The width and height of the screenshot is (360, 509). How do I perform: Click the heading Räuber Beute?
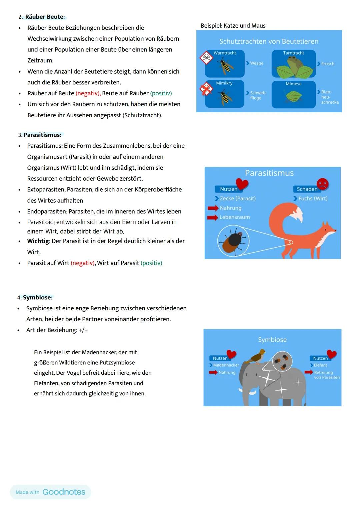[44, 17]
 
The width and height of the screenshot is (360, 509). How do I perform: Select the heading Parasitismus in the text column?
[42, 135]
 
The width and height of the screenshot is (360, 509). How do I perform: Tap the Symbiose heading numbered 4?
[37, 297]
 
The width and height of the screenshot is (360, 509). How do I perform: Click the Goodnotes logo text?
[64, 492]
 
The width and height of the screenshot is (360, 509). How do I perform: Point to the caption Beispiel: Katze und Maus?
[233, 26]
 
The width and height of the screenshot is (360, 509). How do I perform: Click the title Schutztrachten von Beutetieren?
[269, 41]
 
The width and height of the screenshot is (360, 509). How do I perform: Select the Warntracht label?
[225, 53]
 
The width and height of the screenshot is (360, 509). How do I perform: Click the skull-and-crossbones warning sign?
[206, 58]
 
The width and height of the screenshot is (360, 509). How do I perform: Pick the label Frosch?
[327, 64]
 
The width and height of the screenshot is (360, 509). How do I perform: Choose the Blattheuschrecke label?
[329, 97]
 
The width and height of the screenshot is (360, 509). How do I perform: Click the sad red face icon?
[322, 184]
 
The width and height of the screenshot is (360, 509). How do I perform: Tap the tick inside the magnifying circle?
[233, 241]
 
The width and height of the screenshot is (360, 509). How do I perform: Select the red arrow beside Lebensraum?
[212, 217]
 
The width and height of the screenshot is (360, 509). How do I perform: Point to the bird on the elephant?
[258, 356]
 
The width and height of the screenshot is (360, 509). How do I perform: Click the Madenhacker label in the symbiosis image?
[226, 365]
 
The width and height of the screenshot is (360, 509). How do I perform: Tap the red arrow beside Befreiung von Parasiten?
[308, 372]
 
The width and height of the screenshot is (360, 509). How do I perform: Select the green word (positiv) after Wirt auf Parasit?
[151, 263]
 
